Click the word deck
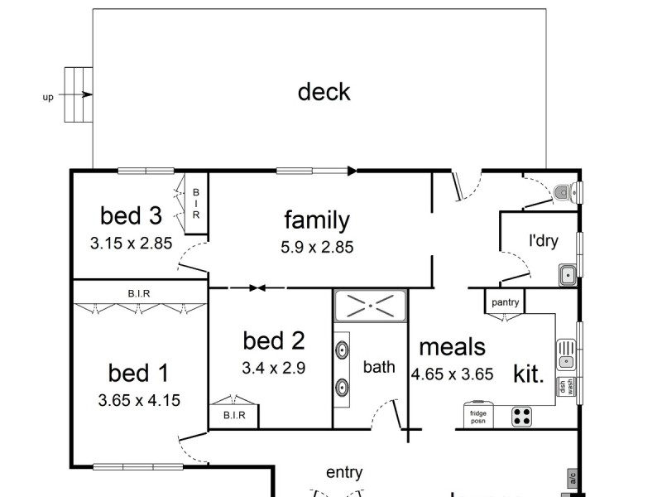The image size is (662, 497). [x=324, y=92]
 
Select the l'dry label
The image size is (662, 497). [x=544, y=242]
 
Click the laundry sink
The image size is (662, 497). [x=568, y=274]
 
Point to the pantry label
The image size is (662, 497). [x=505, y=302]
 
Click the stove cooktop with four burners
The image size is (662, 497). [x=521, y=416]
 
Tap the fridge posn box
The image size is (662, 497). [x=478, y=416]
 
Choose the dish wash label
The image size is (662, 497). [x=566, y=387]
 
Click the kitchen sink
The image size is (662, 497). [x=566, y=355]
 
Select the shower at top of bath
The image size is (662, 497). [x=370, y=305]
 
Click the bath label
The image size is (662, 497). [x=379, y=367]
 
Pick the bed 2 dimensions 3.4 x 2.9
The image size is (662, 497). [x=274, y=368]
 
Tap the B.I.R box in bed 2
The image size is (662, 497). [x=234, y=415]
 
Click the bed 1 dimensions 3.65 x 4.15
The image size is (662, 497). [x=139, y=401]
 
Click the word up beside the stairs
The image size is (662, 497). [x=48, y=97]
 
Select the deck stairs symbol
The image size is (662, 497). [x=78, y=94]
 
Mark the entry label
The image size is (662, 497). [x=344, y=473]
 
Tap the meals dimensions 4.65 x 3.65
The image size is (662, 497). [x=453, y=374]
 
